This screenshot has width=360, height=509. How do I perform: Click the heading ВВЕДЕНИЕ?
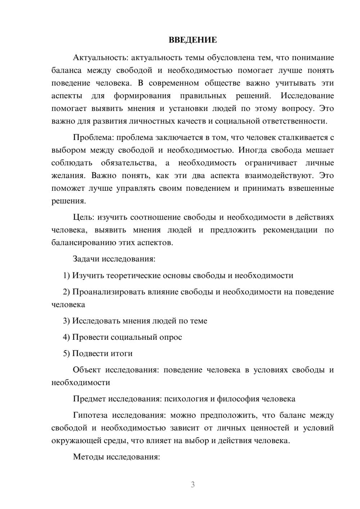[x=193, y=40]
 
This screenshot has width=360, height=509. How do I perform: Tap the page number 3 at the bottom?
[x=193, y=485]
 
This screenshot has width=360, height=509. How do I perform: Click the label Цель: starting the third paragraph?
[x=84, y=217]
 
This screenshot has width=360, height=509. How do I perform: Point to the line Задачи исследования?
[x=114, y=259]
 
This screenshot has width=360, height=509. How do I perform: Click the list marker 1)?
[x=67, y=275]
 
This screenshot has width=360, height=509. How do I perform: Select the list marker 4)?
[x=67, y=337]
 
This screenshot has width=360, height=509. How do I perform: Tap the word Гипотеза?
[x=90, y=415]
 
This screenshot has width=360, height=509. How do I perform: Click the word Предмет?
[x=89, y=399]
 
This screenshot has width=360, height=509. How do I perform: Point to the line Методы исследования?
[x=116, y=457]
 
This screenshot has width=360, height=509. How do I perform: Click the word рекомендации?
[x=290, y=230]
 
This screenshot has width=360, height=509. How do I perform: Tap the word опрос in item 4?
[x=171, y=337]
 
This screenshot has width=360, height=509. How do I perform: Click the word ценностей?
[x=270, y=428]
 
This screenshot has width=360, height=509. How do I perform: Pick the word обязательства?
[x=129, y=163]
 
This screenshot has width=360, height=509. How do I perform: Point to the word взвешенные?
[x=311, y=188]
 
